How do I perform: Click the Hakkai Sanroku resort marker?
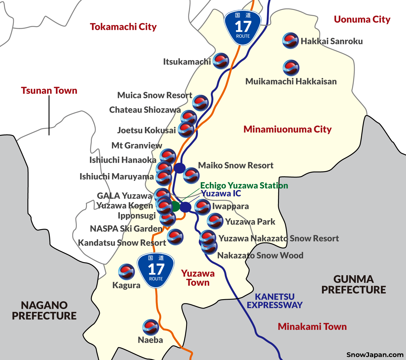[290, 41]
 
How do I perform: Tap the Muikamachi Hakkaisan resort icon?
[291, 68]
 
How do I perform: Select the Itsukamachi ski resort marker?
[221, 61]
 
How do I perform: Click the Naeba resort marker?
[151, 327]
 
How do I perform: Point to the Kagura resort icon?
[126, 272]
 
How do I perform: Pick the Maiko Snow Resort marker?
[191, 175]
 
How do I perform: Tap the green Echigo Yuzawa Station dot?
[175, 206]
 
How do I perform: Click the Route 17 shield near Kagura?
[156, 271]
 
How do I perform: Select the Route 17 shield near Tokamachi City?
[243, 27]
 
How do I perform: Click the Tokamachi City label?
[123, 27]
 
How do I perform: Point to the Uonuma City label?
[362, 19]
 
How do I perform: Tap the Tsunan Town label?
[49, 91]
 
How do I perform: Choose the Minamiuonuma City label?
[288, 129]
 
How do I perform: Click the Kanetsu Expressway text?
[275, 301]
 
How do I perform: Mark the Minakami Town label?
[312, 327]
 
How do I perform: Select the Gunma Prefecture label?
[354, 285]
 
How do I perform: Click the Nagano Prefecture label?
[44, 310]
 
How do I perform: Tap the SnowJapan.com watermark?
[375, 355]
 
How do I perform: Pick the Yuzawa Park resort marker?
[215, 221]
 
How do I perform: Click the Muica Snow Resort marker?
[200, 103]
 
